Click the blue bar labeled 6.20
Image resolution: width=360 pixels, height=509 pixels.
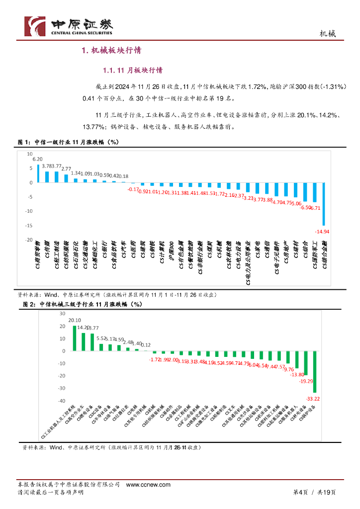click(x=37, y=173)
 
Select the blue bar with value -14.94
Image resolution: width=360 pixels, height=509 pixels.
click(x=324, y=204)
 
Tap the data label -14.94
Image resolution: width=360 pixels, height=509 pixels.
click(x=322, y=232)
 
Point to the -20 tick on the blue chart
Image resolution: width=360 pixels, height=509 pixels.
click(x=29, y=240)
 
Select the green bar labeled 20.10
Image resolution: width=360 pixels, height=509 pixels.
click(x=75, y=338)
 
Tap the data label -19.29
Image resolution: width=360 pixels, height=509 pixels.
click(x=305, y=381)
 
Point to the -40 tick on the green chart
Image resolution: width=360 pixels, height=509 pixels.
click(x=62, y=401)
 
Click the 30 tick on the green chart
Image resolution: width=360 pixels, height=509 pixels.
click(x=63, y=314)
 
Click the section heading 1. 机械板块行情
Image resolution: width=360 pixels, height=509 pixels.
click(x=111, y=50)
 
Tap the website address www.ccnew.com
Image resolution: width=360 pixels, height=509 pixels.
click(x=148, y=484)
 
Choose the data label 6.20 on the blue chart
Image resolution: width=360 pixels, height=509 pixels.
click(x=37, y=159)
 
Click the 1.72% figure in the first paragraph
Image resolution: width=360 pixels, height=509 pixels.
click(x=244, y=87)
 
